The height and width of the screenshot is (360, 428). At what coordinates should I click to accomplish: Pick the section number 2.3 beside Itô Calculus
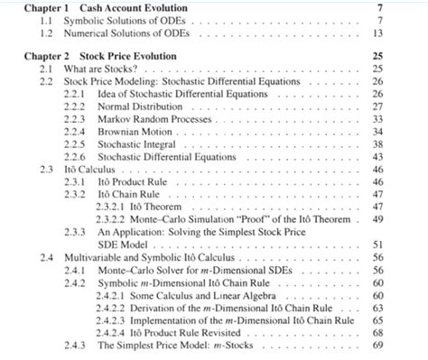coord(47,169)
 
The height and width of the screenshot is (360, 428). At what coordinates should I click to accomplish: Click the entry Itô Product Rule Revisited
coord(204,332)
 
